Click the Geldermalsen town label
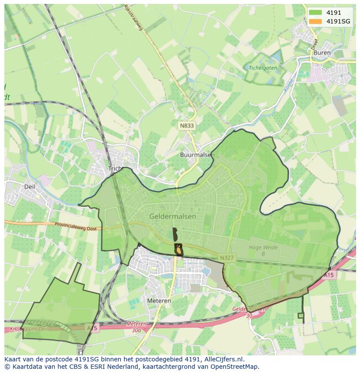[173, 216]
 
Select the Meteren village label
[159, 301]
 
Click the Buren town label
[322, 53]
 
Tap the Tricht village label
[116, 169]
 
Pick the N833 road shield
[187, 126]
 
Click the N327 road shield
[227, 258]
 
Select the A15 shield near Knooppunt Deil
[92, 328]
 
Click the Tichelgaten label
[263, 68]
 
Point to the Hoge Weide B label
[263, 251]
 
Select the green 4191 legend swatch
[315, 13]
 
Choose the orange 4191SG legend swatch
[315, 21]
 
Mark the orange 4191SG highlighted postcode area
[179, 251]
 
